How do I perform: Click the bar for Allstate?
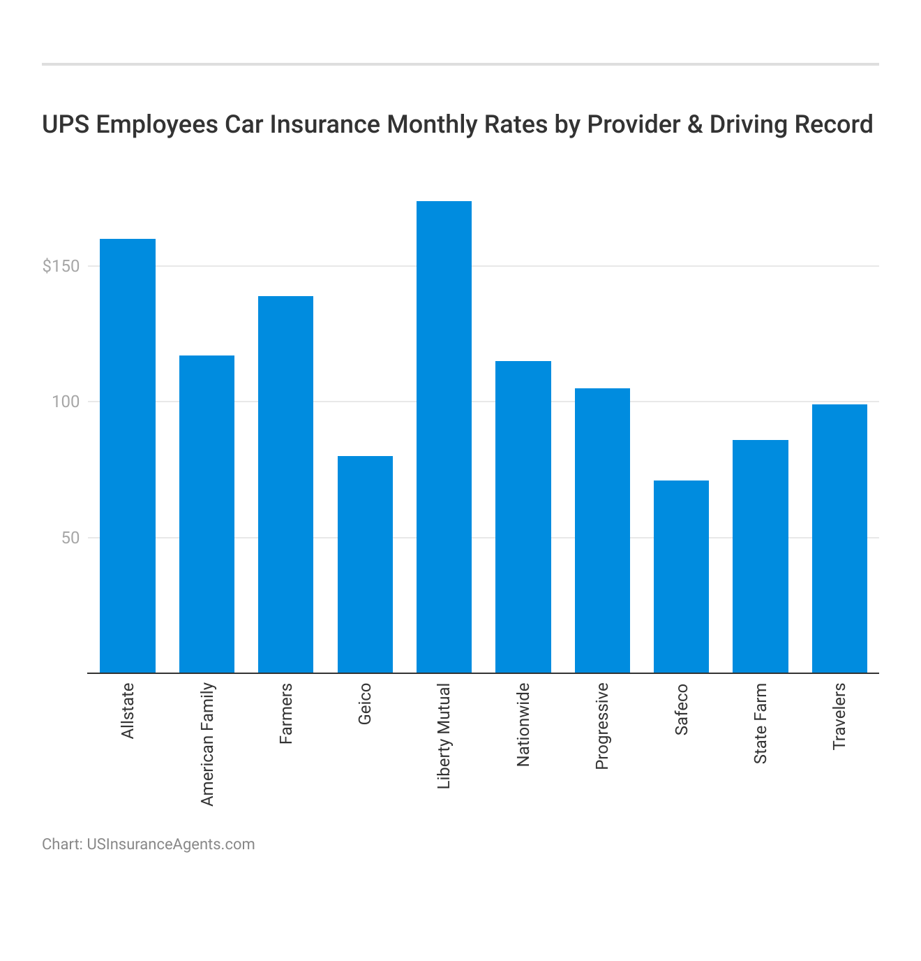pyautogui.click(x=128, y=456)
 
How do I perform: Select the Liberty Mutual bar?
pyautogui.click(x=444, y=437)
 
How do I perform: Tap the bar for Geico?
pyautogui.click(x=365, y=564)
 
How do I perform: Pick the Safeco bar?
pyautogui.click(x=681, y=577)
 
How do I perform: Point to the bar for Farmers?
pyautogui.click(x=285, y=485)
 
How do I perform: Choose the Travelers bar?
pyautogui.click(x=839, y=538)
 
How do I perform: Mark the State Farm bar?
pyautogui.click(x=761, y=557)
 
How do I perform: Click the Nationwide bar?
pyautogui.click(x=523, y=517)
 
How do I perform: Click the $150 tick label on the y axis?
pyautogui.click(x=61, y=267)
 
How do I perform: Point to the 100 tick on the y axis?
pyautogui.click(x=66, y=402)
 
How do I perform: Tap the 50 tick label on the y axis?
pyautogui.click(x=70, y=538)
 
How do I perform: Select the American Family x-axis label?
pyautogui.click(x=207, y=744)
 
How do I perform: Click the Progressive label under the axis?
pyautogui.click(x=602, y=726)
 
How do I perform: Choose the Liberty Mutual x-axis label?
pyautogui.click(x=444, y=736)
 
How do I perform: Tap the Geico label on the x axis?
pyautogui.click(x=365, y=704)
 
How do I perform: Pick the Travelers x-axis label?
pyautogui.click(x=839, y=717)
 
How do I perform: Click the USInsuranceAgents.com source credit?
pyautogui.click(x=170, y=844)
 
